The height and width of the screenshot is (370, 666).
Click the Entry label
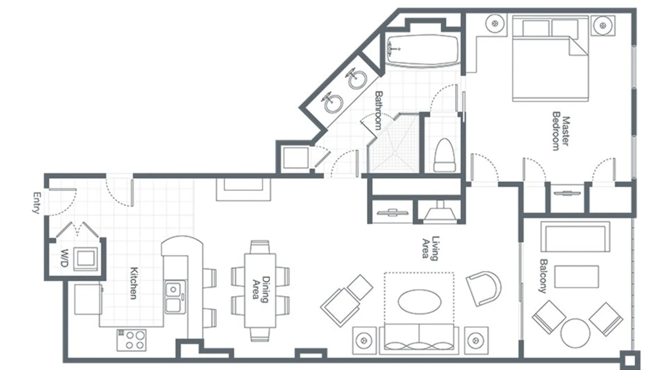click(36, 203)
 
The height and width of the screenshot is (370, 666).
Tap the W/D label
click(64, 258)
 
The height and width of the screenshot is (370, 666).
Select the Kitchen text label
click(134, 283)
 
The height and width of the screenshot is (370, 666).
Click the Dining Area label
click(260, 289)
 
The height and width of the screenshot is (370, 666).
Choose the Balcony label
click(543, 276)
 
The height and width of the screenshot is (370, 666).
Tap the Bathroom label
click(378, 110)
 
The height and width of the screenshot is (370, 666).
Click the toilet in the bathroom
click(444, 155)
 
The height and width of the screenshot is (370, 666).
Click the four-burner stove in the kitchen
click(131, 340)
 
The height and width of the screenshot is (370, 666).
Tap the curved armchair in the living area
click(484, 289)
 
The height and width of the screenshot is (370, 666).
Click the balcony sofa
click(575, 237)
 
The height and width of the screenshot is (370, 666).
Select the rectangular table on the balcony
click(576, 276)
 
